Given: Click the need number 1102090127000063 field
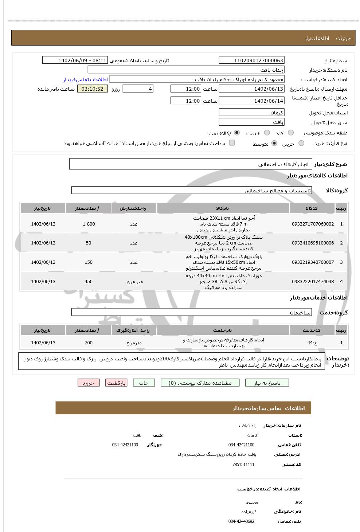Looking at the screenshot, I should point(251,60).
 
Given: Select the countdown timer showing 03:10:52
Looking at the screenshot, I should point(93,89).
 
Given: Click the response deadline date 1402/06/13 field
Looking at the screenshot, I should point(251,89).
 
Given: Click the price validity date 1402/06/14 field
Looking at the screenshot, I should point(251,101).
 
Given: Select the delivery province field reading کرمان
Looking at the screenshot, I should point(251,113).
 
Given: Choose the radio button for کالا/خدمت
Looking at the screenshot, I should point(237,133).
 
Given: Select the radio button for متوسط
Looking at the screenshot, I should point(274,144).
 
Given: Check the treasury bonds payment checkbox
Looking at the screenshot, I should point(232,143).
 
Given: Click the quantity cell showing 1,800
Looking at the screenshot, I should point(89,224).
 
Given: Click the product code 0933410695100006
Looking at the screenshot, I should point(313,243).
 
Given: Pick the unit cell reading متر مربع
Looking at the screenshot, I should point(134,282).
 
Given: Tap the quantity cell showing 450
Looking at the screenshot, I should point(89,282).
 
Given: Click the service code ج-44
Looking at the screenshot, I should point(312,343).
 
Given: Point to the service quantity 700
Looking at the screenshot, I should point(89,343).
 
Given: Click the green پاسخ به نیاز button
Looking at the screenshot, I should point(267,383).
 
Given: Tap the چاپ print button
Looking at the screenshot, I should point(144,383).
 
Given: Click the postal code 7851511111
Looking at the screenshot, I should point(243,465).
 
